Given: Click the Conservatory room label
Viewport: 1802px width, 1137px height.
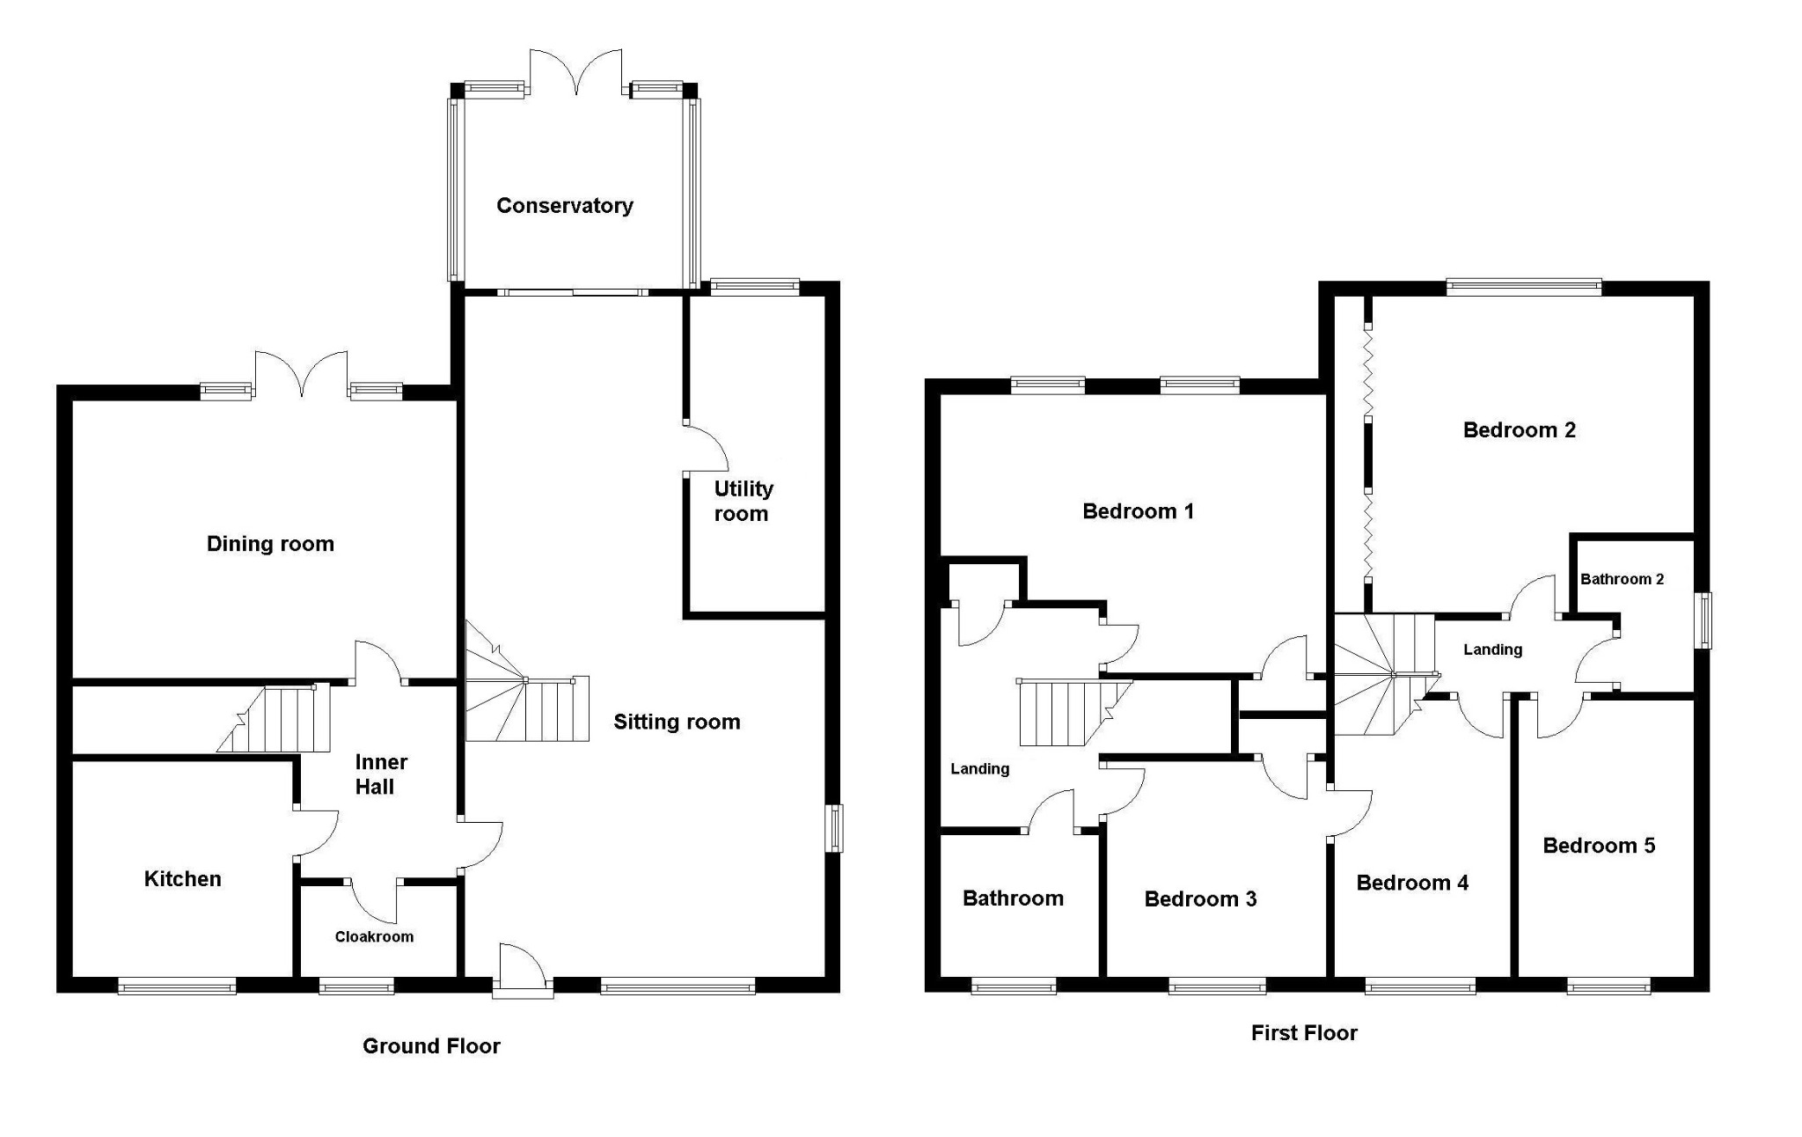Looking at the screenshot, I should tap(564, 205).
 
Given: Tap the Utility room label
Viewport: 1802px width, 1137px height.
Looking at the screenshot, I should tap(743, 501).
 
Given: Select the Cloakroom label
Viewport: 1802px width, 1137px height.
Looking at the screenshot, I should tap(374, 936).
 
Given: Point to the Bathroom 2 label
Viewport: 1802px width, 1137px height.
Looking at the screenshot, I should tap(1622, 579).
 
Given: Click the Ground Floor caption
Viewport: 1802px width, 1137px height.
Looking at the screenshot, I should tap(431, 1045).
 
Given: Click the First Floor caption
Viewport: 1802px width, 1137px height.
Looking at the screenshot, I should tap(1304, 1032).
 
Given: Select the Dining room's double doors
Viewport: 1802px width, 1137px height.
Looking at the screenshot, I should tap(301, 374).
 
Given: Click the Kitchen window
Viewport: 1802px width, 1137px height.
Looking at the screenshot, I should tap(177, 987).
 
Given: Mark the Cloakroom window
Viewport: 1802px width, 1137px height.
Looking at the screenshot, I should tap(355, 987).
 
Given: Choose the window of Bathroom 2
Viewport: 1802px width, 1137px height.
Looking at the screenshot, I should tap(1704, 620).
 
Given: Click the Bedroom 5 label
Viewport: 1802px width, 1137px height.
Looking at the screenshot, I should tap(1598, 846).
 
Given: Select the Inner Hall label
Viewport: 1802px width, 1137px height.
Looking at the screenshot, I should tap(379, 774).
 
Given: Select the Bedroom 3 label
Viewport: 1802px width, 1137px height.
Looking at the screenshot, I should tap(1199, 899).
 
